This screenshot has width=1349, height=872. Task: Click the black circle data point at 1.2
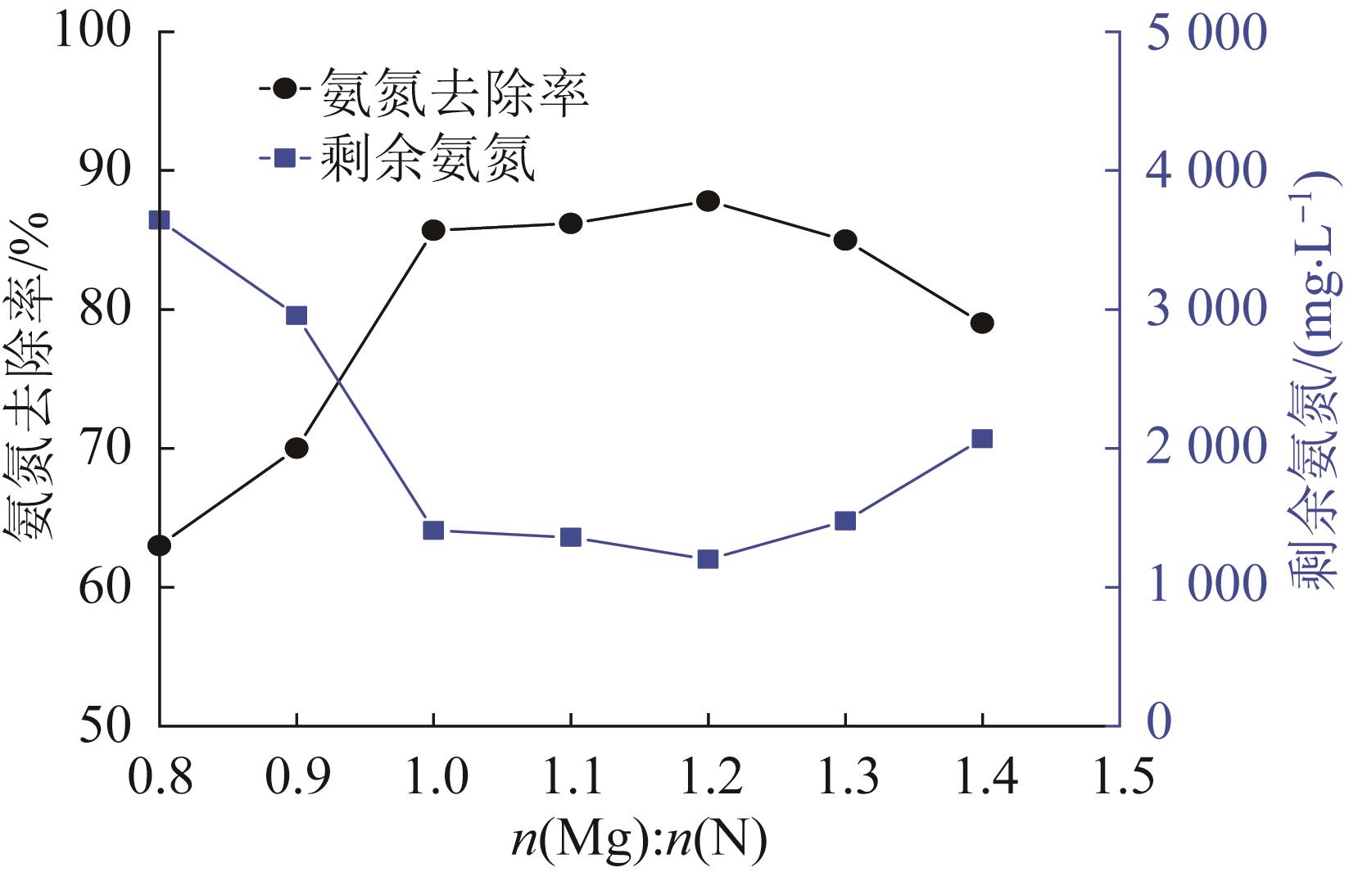708,201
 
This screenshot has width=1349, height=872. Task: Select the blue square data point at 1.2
708,560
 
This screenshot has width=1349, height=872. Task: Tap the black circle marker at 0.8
160,545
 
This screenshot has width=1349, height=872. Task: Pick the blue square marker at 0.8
160,220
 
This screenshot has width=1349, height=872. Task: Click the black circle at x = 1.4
982,323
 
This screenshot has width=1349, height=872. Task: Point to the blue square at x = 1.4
982,439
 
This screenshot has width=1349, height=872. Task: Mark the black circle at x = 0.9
297,448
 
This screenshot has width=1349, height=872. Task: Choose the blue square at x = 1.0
433,531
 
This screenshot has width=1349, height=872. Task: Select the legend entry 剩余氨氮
428,158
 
